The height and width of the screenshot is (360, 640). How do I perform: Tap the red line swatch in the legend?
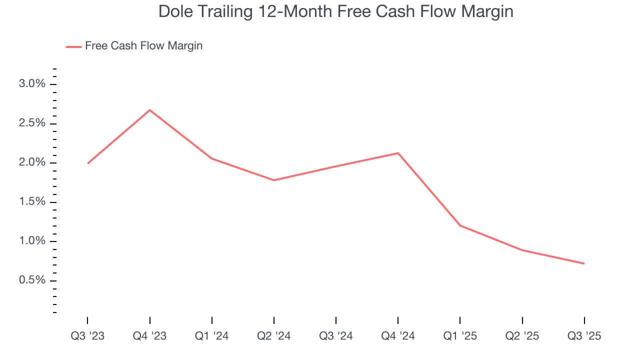coord(73,46)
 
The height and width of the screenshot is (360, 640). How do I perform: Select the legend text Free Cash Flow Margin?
coord(143,46)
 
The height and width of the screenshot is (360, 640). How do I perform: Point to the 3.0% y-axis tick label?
coord(32,84)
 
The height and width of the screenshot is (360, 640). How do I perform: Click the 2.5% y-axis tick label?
coord(32,123)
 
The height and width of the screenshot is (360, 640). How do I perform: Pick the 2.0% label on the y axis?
coord(32,162)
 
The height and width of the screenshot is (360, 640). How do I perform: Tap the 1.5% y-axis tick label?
coord(32,202)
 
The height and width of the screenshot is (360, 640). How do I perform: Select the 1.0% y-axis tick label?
coord(32,241)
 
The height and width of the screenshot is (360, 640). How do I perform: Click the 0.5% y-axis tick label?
coord(32,280)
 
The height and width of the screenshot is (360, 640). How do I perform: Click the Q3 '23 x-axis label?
coord(87,336)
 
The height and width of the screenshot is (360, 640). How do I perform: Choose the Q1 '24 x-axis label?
coord(212,336)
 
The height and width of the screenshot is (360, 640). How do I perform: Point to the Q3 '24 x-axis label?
coord(336,336)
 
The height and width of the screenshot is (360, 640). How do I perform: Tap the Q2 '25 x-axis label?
coord(522,336)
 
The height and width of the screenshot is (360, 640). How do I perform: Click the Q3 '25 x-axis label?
coord(584,336)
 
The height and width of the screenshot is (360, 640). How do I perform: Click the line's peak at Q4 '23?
coord(150,110)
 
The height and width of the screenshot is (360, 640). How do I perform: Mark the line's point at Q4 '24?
coord(398,153)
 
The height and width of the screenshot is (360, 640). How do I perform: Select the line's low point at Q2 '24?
coord(274,180)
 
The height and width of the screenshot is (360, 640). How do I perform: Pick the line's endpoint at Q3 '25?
coord(584,263)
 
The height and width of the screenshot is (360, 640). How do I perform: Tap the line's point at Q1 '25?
coord(460,225)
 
